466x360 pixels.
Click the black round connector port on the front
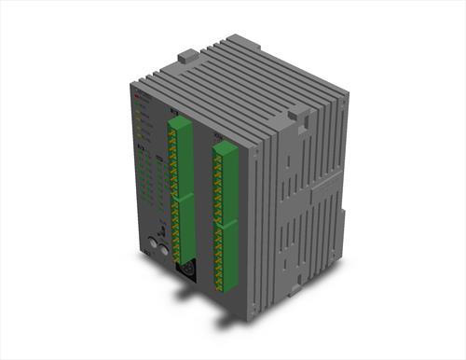[185, 271]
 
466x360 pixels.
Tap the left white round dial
[152, 245]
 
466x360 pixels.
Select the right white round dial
[164, 250]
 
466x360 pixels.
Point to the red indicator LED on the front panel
[136, 97]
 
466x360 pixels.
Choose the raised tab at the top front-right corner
[299, 115]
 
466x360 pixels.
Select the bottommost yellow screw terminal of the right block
[220, 285]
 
